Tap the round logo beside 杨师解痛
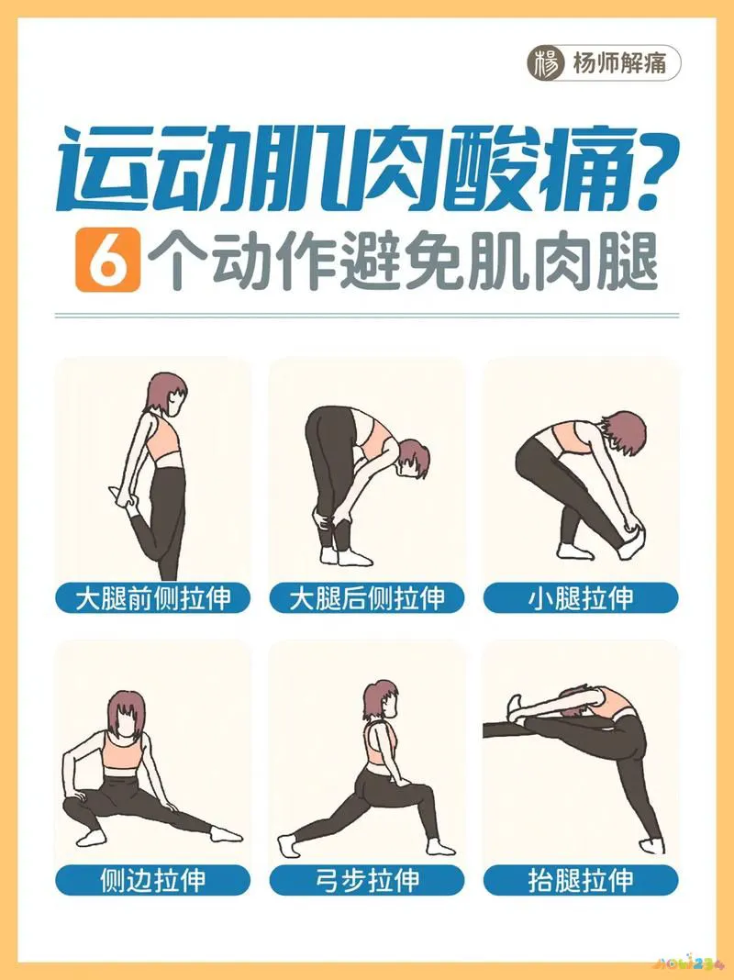point(548,63)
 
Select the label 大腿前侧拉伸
point(153,598)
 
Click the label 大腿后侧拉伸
point(367,598)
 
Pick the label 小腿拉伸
point(581,598)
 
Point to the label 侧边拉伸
point(153,879)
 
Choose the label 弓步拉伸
point(367,879)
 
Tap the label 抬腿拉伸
point(581,879)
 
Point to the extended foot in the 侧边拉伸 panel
point(226,834)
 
